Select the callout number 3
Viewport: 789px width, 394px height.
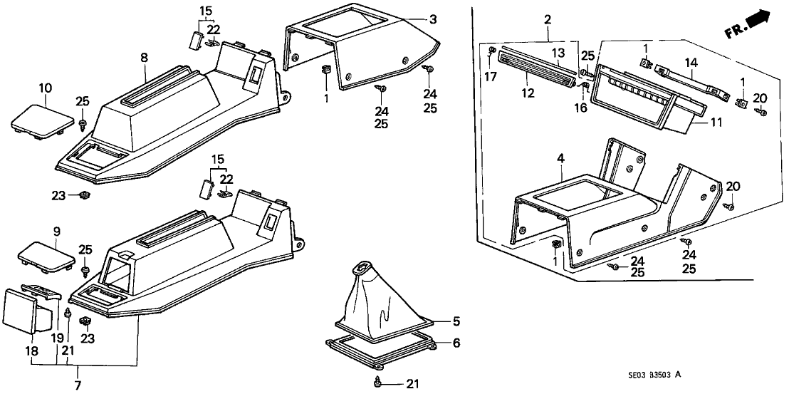point(432,19)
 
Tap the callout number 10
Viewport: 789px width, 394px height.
point(45,88)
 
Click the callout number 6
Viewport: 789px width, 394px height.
point(456,343)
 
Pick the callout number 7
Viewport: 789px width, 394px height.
point(78,385)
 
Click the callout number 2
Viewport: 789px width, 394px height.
point(547,19)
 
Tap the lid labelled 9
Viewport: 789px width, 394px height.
point(46,254)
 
